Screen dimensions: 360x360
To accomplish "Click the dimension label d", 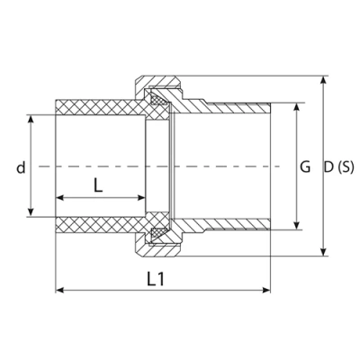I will [x=19, y=166].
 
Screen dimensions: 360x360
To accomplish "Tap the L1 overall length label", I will [x=156, y=279].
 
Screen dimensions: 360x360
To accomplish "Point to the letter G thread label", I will [x=305, y=166].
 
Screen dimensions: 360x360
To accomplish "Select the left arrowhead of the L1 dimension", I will [x=60, y=290].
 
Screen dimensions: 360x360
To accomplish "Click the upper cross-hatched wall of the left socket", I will [x=99, y=106].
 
